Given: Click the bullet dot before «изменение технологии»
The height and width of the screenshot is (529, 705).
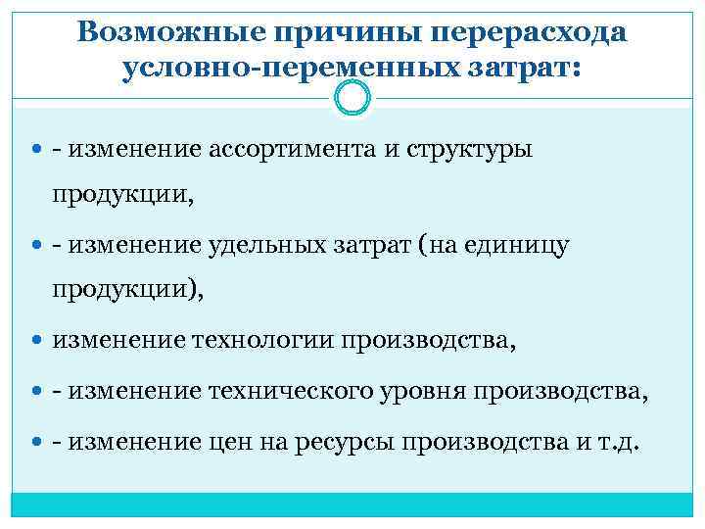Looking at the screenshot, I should click(x=38, y=341).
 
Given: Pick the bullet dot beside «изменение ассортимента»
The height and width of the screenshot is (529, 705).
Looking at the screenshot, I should click(x=38, y=150).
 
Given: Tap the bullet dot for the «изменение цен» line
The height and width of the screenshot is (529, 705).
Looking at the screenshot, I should click(x=38, y=441).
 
